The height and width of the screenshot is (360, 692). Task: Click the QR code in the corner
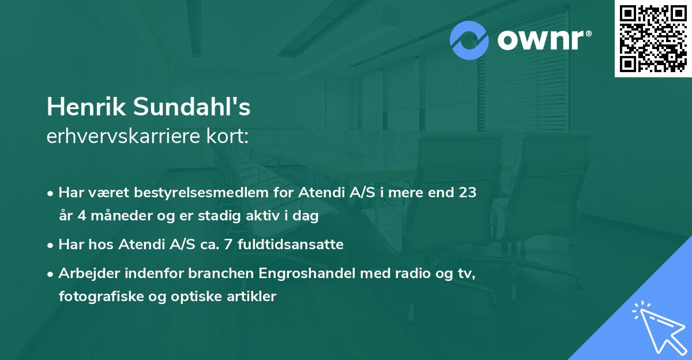(653, 39)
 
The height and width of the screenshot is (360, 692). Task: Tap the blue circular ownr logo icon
(469, 40)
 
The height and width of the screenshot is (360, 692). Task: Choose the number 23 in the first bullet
(468, 193)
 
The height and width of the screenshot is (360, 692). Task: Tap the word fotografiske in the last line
(96, 297)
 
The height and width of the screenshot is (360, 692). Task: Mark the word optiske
(186, 297)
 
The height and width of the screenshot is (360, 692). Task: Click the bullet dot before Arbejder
(51, 274)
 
